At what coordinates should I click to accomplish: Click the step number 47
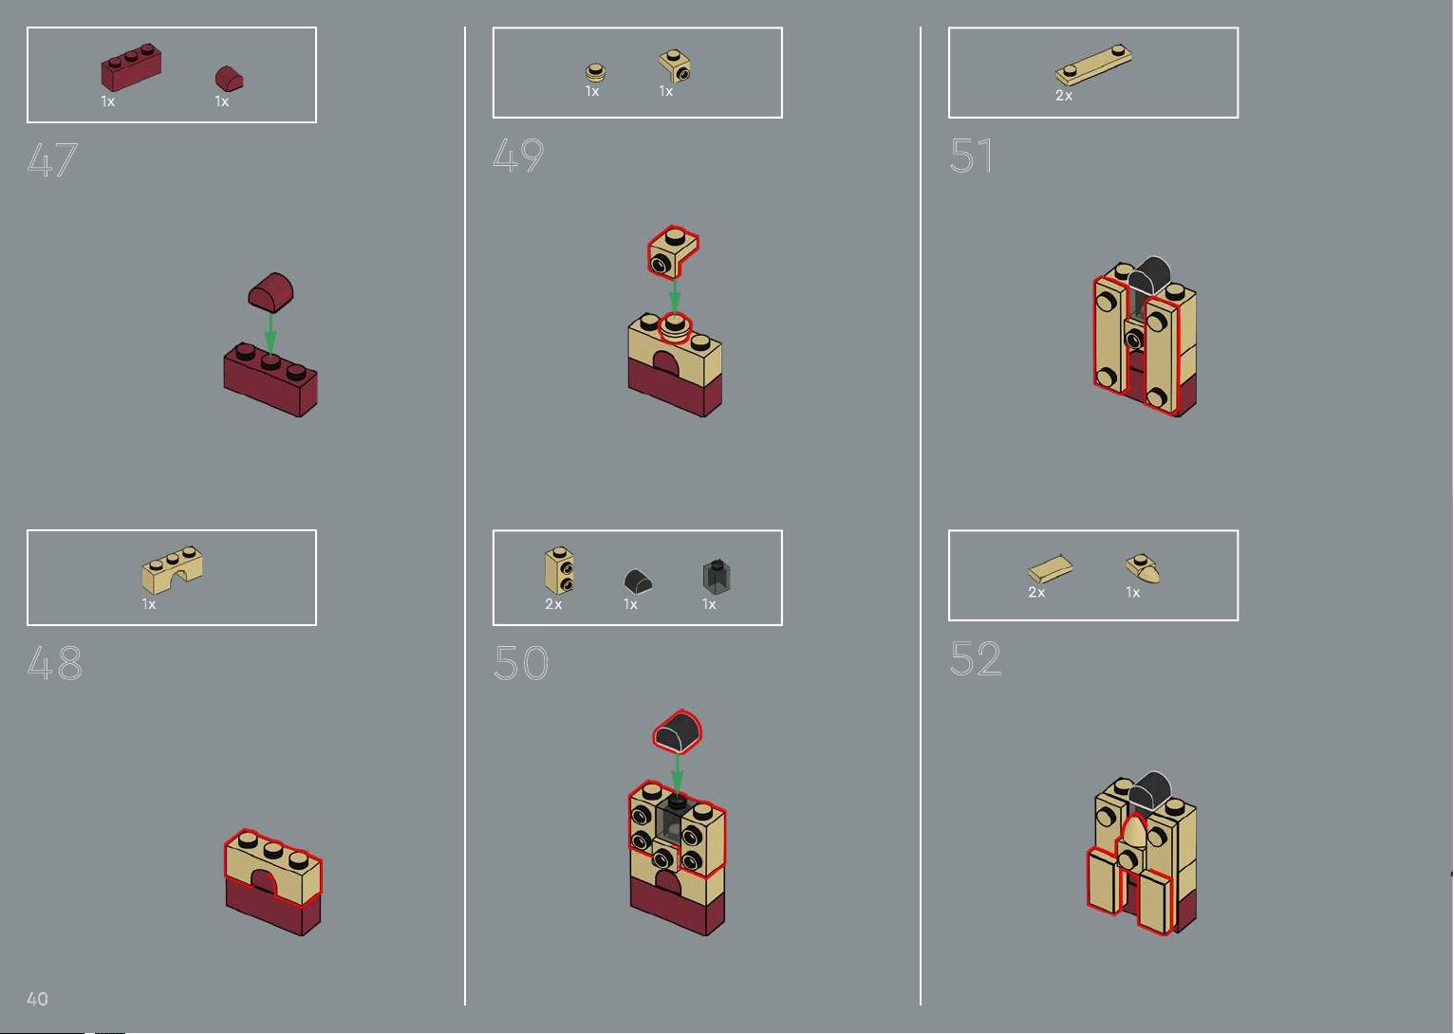(x=52, y=159)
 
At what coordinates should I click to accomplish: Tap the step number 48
(x=55, y=663)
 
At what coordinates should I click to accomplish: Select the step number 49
(x=518, y=156)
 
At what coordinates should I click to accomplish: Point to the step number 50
(x=521, y=662)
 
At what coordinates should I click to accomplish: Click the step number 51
(x=971, y=156)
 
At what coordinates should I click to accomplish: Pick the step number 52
(x=976, y=658)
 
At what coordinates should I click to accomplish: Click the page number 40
(x=38, y=999)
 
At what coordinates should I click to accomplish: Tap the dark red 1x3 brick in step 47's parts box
(x=130, y=66)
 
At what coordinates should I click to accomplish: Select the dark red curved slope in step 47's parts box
(x=229, y=79)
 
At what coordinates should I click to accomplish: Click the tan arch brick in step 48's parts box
(x=172, y=569)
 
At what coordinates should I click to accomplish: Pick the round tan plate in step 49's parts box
(x=596, y=72)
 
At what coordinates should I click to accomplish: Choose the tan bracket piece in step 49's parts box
(x=675, y=66)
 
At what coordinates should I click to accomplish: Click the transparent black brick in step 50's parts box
(x=717, y=576)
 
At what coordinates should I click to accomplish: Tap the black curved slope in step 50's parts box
(x=638, y=582)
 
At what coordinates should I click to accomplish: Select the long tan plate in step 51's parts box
(x=1093, y=65)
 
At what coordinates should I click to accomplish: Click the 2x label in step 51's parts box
(x=1064, y=96)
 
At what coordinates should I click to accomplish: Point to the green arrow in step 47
(x=270, y=332)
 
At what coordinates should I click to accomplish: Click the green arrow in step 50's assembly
(x=677, y=774)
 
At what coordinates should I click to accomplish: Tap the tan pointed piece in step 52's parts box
(x=1143, y=568)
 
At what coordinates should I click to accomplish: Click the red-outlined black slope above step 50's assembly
(x=678, y=731)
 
